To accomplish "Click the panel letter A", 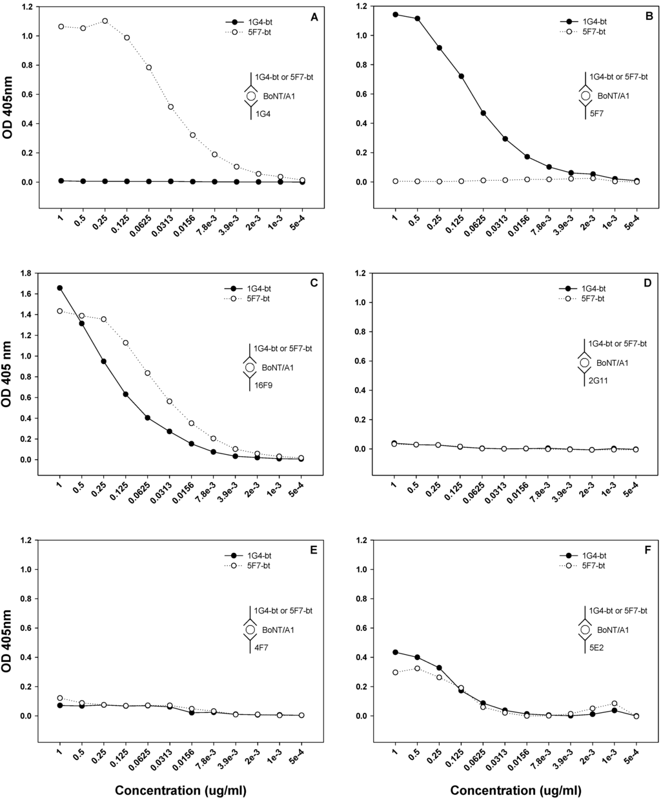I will [314, 17].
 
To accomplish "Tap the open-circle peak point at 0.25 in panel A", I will [105, 21].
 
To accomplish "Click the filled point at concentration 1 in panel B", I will [395, 14].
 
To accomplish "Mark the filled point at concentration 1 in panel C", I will [60, 288].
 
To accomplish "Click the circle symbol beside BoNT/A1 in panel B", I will [585, 96].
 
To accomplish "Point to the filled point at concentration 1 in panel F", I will [395, 652].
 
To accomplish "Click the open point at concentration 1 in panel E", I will [60, 698].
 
